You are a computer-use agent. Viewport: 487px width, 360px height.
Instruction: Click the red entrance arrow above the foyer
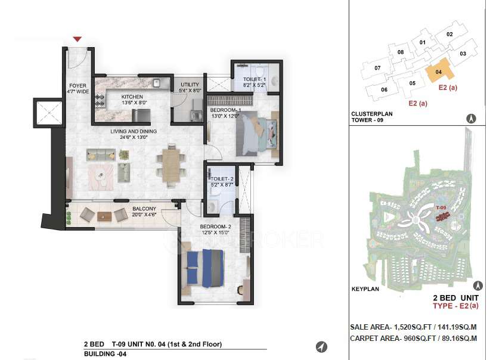click(77, 39)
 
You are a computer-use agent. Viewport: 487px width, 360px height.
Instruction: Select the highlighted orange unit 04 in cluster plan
click(440, 73)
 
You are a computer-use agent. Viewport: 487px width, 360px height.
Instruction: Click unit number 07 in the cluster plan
click(378, 68)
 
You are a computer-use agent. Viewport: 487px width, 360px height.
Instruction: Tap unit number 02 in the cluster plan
click(449, 34)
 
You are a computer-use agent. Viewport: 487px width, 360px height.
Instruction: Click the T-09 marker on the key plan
click(442, 208)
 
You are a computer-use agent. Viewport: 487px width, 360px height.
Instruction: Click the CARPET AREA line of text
click(414, 338)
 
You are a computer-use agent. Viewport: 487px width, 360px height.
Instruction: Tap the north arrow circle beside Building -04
click(321, 347)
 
